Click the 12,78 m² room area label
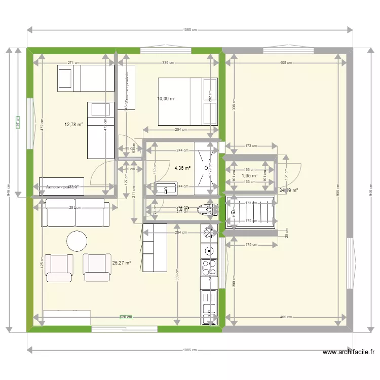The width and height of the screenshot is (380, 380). coord(73,124)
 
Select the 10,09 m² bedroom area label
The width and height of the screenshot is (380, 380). coord(167,99)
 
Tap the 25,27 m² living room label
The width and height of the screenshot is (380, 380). coord(122,263)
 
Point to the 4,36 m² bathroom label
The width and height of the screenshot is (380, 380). coord(182,168)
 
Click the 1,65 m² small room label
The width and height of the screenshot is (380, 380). coord(249,176)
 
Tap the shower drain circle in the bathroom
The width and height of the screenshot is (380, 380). coord(206,166)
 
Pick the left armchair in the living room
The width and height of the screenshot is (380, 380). coord(59,267)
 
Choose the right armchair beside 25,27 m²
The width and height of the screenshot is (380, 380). coord(96,267)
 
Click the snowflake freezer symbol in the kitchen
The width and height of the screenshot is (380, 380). coord(208,233)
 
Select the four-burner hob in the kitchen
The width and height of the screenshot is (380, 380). coord(208,267)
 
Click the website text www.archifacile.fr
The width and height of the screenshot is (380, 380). coord(349,352)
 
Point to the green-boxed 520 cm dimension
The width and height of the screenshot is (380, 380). coord(126,317)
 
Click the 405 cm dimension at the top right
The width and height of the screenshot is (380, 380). coord(286,63)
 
